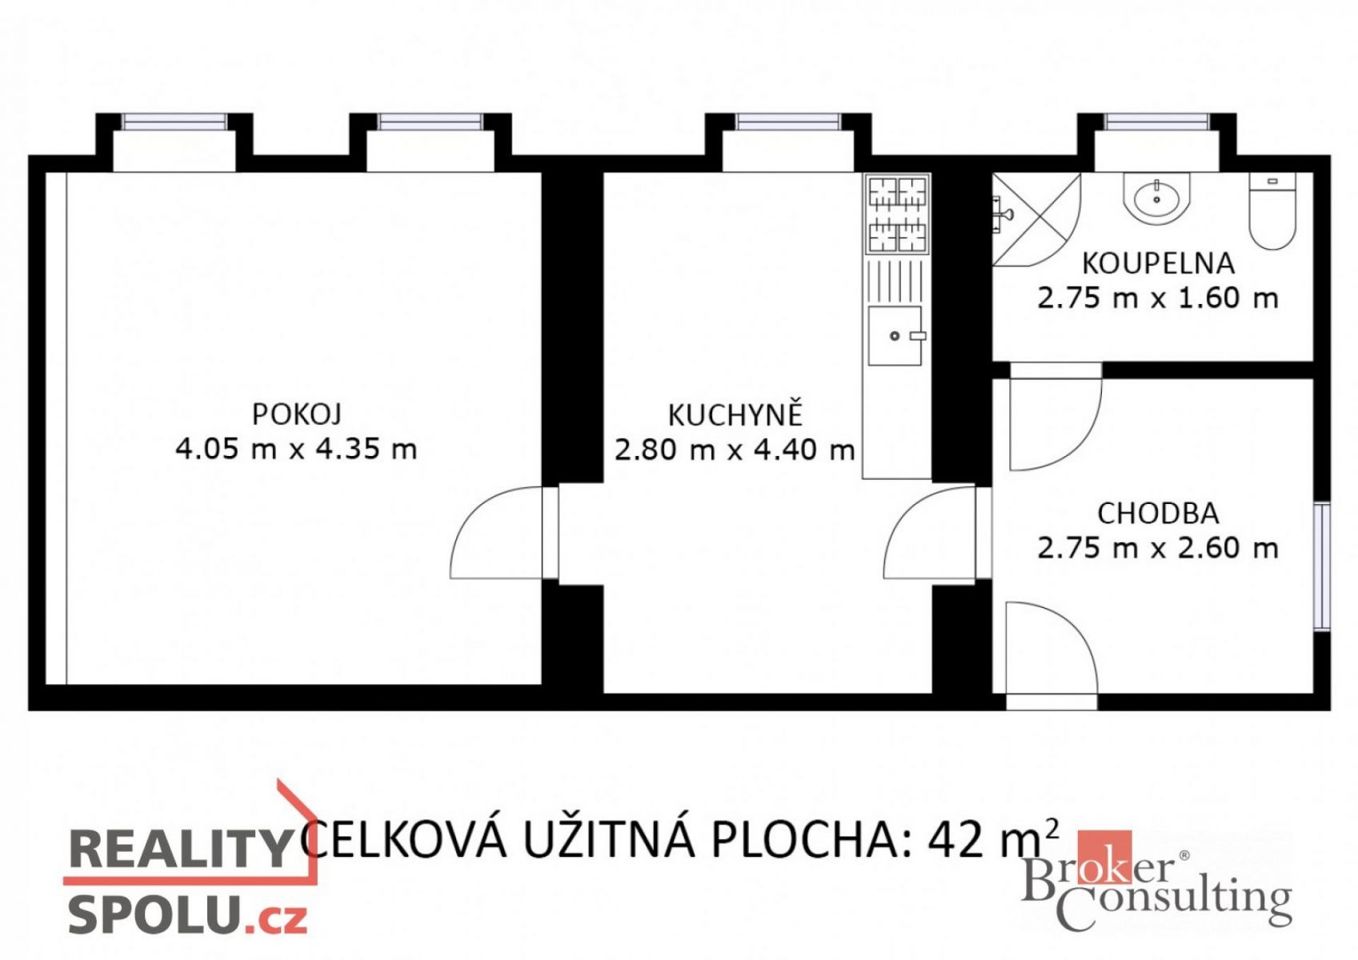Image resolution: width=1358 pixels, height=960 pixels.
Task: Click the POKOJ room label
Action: click(296, 414)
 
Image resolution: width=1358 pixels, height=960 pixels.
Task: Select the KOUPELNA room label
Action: click(1159, 264)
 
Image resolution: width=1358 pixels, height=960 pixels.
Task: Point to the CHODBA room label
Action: click(1159, 514)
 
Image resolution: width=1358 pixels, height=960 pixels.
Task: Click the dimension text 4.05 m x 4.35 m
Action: click(296, 449)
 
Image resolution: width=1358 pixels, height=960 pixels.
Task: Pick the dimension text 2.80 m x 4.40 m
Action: click(735, 450)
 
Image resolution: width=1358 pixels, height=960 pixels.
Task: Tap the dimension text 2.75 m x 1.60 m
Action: click(1159, 298)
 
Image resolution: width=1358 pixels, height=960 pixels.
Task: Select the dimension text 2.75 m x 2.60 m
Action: click(1159, 548)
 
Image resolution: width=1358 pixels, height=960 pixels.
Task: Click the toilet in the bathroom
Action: click(1272, 210)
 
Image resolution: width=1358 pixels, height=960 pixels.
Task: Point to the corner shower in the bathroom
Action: click(1036, 219)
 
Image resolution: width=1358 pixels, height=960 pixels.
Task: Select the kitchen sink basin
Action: click(895, 336)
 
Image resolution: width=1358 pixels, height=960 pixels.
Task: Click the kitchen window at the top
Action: click(788, 122)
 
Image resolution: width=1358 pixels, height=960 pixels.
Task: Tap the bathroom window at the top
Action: click(1156, 122)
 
